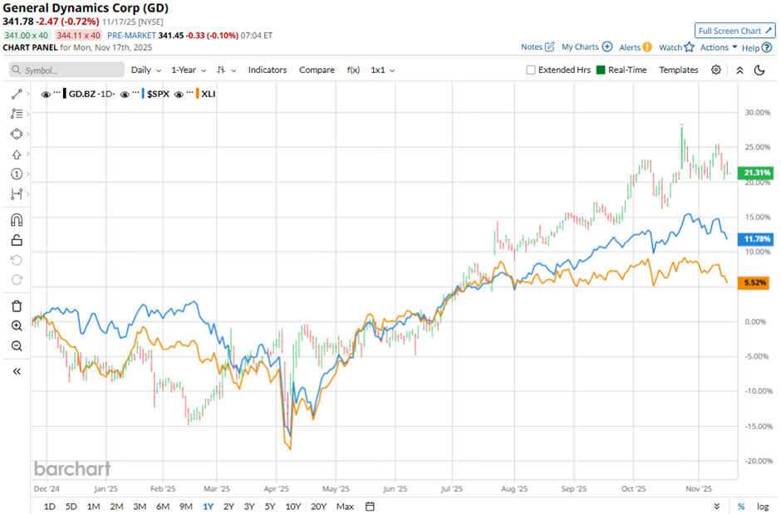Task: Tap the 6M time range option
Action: [x=162, y=507]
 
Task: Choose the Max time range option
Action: [x=345, y=507]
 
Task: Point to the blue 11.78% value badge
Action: [x=754, y=239]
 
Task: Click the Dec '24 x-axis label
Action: [x=46, y=489]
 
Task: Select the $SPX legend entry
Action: [x=158, y=94]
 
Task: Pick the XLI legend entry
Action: [x=208, y=94]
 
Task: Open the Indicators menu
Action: [x=268, y=70]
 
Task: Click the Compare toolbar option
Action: [x=317, y=70]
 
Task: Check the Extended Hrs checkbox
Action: [x=531, y=71]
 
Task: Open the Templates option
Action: [x=679, y=70]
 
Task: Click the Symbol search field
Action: [x=67, y=71]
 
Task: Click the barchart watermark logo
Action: [x=71, y=468]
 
